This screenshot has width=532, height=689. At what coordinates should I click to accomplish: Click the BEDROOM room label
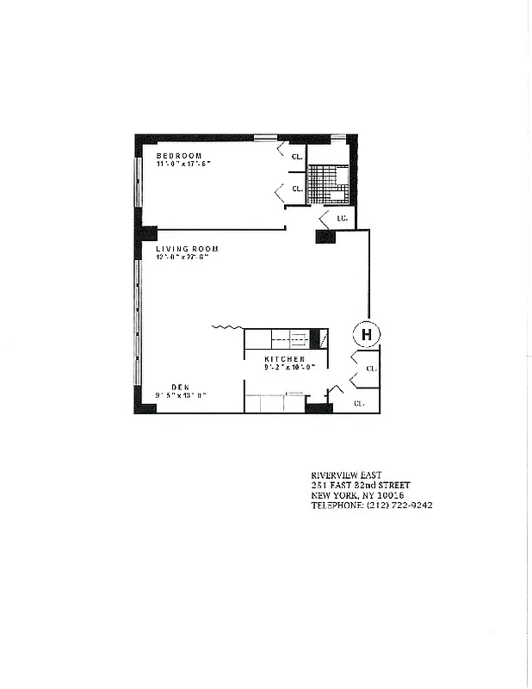179,156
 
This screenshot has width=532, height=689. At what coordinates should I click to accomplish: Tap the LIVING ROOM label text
187,249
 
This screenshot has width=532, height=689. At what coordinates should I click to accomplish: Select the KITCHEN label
284,358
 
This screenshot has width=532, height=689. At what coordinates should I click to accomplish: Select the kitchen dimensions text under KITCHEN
290,367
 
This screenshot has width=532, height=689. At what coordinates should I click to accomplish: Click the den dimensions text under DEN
180,395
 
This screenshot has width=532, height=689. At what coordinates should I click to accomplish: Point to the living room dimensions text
187,258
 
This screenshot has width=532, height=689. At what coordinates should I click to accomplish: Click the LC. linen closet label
342,219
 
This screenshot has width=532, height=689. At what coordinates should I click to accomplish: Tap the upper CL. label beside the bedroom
296,157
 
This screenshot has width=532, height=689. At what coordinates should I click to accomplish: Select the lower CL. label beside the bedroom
296,189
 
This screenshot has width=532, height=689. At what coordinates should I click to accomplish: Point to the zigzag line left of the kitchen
226,327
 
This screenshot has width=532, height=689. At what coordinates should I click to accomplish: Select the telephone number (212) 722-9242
400,506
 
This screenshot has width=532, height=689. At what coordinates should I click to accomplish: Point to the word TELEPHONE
337,506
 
